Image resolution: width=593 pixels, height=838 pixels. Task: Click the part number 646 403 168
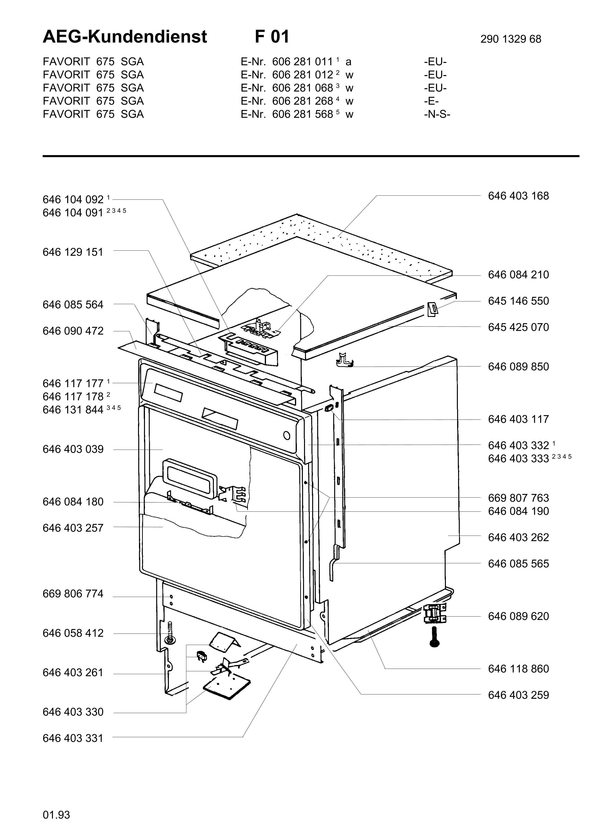518,196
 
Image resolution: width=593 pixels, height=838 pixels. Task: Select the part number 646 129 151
73,252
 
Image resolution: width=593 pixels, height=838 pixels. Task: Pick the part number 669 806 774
73,594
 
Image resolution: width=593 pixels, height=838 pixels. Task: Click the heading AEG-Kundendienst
125,37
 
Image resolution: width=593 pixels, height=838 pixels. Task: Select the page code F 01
272,37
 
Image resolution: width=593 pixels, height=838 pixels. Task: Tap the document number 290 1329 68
510,39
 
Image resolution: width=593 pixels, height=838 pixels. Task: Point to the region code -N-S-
437,114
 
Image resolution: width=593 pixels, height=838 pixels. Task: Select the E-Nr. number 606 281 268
303,101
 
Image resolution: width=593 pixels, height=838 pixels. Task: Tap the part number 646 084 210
518,275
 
